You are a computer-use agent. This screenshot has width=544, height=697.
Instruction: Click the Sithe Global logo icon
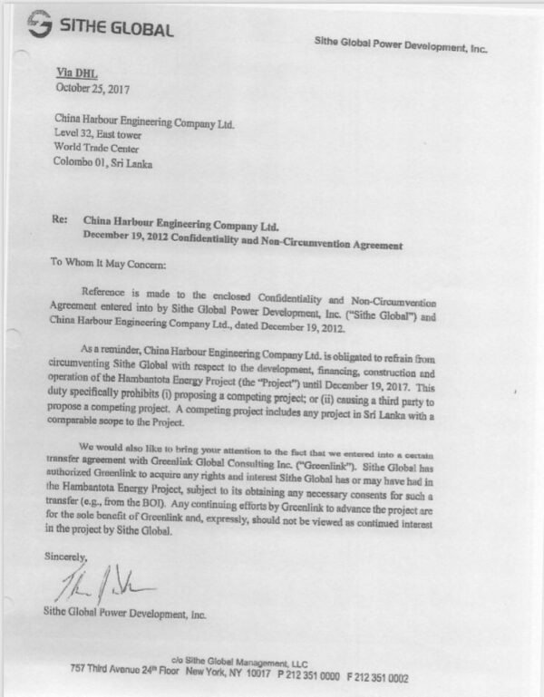coord(39,28)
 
